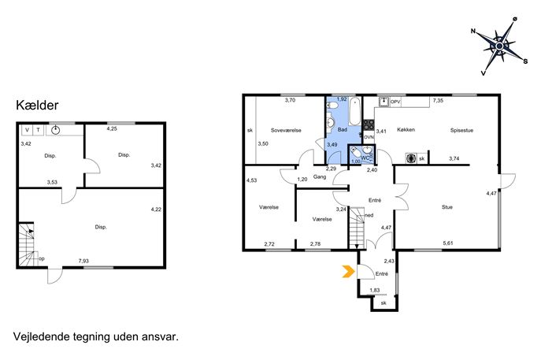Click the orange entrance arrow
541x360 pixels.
tap(349, 272)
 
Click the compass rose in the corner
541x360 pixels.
tap(499, 46)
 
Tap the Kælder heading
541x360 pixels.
tap(37, 106)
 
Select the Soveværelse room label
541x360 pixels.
tap(286, 131)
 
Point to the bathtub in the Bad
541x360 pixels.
tap(354, 112)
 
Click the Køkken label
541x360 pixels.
tap(406, 130)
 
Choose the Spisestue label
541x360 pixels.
tap(461, 131)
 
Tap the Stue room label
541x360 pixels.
tap(447, 207)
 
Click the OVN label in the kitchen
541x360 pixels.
tap(369, 137)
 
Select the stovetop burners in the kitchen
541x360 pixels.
tap(369, 124)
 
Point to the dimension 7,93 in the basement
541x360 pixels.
tap(83, 262)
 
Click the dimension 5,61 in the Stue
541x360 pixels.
tap(448, 243)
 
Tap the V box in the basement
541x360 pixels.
tap(28, 130)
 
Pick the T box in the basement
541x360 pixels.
tap(39, 130)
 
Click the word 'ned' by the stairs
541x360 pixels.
tap(369, 215)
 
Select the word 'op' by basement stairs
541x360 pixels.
tap(42, 259)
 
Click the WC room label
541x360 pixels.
tap(365, 158)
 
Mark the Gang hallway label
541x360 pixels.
tap(320, 177)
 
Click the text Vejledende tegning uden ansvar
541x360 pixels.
tap(96, 336)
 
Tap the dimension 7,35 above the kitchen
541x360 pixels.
tap(438, 101)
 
